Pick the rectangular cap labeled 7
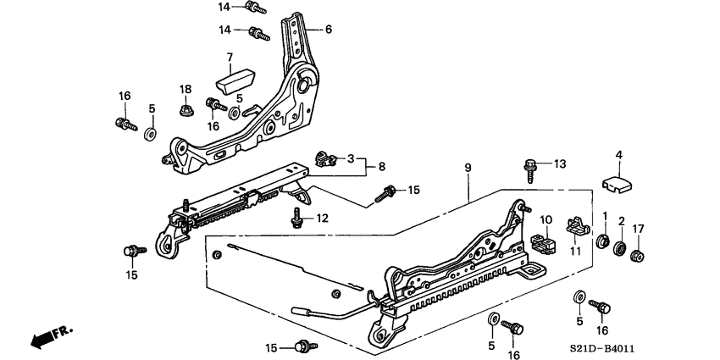tap(236, 82)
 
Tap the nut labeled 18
tap(185, 109)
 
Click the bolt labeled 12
tap(297, 220)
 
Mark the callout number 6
tap(328, 29)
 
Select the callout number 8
tap(382, 167)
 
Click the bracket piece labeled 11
tap(579, 226)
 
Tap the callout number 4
tap(618, 154)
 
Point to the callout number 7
tap(228, 58)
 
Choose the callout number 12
tap(322, 219)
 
